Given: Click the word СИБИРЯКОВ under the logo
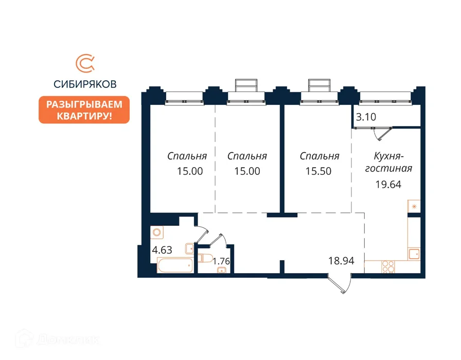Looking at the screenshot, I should [x=85, y=83].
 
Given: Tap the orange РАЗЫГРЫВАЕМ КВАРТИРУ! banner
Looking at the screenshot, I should [x=85, y=110].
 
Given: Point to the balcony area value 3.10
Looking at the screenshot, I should [x=366, y=117].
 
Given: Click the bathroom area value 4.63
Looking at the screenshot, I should [x=162, y=251].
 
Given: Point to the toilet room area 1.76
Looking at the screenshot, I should [x=221, y=260].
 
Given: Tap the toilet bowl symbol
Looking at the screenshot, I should [x=206, y=258].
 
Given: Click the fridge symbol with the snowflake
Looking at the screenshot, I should [x=414, y=207].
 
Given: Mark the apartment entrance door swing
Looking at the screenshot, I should [x=340, y=283].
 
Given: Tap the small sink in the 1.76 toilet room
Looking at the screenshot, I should [x=223, y=271].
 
